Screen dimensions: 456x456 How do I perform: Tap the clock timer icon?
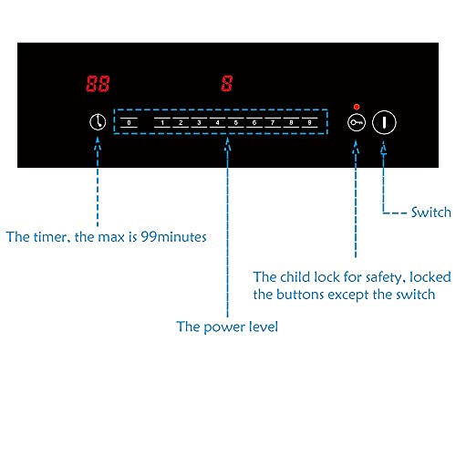tap(98, 122)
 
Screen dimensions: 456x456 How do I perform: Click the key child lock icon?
tap(357, 122)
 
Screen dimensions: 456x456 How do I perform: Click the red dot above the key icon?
tap(357, 107)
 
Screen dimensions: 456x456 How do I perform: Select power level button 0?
tap(129, 122)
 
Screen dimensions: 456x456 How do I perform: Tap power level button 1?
tap(162, 122)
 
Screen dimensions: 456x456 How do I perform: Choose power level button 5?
tap(236, 122)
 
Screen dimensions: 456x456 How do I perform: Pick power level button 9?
tap(309, 122)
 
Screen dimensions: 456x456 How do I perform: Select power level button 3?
tap(199, 122)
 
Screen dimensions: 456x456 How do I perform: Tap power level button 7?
tap(273, 122)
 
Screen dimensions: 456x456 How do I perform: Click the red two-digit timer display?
tap(98, 84)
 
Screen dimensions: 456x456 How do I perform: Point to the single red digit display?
tap(227, 84)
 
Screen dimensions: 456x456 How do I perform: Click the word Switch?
tap(431, 212)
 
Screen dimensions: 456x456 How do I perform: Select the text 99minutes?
tap(173, 237)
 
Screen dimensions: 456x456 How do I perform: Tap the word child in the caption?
tap(295, 277)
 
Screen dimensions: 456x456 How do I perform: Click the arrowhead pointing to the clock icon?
tap(98, 143)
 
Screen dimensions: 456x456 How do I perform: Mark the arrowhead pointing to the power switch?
tap(384, 148)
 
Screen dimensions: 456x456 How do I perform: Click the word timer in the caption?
tap(51, 237)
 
